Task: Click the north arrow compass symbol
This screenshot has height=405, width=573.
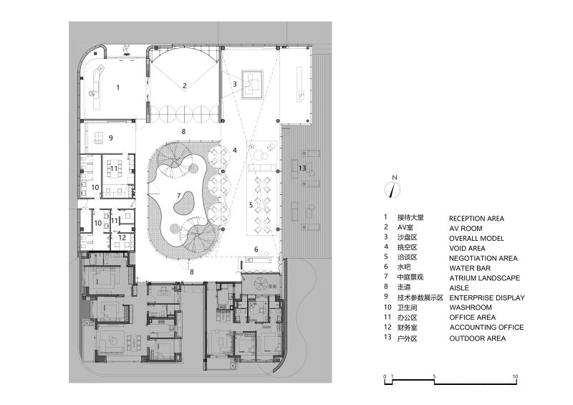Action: [392, 190]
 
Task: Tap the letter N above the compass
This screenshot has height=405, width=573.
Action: [392, 177]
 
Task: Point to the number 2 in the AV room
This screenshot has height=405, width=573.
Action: [184, 85]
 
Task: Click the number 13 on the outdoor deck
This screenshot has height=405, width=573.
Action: [302, 168]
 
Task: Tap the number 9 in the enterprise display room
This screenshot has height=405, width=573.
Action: [111, 137]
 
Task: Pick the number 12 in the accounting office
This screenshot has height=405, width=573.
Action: [122, 237]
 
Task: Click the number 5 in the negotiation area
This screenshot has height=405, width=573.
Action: [251, 205]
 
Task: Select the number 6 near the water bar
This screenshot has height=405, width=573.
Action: [255, 249]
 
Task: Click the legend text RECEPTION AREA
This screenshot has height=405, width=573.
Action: [476, 218]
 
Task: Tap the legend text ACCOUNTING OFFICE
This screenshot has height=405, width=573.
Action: [486, 328]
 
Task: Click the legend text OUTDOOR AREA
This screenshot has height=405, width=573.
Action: [477, 338]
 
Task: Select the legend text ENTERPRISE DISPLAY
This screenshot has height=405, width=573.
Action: [486, 297]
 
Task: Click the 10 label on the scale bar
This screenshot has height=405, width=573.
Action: [516, 376]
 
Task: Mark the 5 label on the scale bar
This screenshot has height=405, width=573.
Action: [434, 376]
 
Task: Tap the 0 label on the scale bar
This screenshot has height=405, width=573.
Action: [384, 376]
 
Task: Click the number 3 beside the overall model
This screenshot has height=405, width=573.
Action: [234, 84]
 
